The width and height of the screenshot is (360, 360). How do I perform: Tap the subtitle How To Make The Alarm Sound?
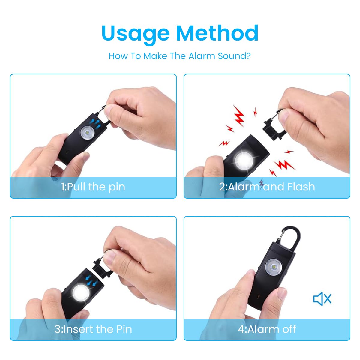click(180, 56)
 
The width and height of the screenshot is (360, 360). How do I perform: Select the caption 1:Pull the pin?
click(93, 187)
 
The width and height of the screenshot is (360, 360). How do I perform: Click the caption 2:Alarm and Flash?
click(267, 187)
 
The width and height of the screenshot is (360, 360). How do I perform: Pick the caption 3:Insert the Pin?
click(93, 329)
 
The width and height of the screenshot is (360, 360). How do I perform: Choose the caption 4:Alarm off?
click(267, 329)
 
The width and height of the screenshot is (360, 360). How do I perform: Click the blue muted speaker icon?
click(322, 299)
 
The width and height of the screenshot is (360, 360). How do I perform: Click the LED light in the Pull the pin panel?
click(87, 132)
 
